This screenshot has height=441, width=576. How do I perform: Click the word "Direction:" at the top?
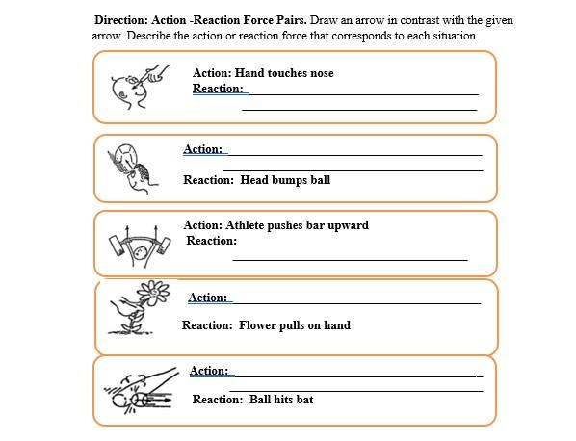125,20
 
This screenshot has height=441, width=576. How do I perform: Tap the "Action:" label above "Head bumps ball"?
203,149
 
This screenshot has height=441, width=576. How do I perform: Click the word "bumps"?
291,179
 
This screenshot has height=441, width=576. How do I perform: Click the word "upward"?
346,225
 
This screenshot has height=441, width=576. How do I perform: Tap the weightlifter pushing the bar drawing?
140,247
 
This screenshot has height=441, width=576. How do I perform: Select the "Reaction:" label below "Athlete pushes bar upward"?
211,241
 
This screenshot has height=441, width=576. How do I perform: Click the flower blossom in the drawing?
152,292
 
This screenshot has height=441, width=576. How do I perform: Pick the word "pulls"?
290,325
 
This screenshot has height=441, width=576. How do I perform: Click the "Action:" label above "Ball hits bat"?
209,371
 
